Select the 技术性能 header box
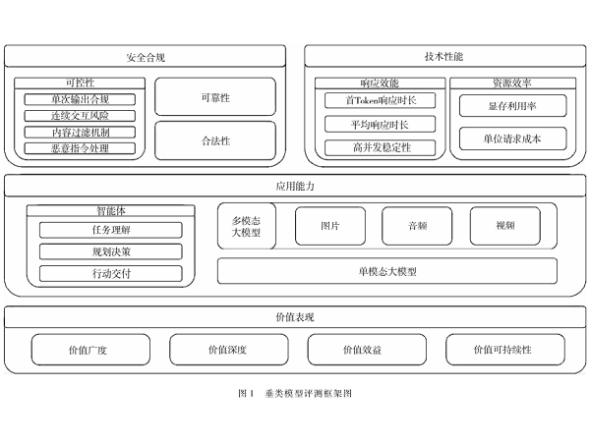click(444, 57)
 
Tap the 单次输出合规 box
click(80, 99)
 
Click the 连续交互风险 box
click(80, 116)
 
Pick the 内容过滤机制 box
click(80, 132)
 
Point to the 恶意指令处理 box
click(80, 148)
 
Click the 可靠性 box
click(215, 97)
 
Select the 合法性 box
click(215, 140)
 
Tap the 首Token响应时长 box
click(380, 100)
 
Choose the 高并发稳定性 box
click(380, 147)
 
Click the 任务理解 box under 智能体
click(110, 230)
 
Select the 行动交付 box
click(110, 273)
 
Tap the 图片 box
click(329, 225)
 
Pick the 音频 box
click(416, 225)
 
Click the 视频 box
click(504, 225)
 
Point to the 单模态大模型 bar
click(386, 270)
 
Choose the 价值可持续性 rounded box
click(506, 350)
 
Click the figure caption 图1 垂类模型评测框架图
click(294, 392)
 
